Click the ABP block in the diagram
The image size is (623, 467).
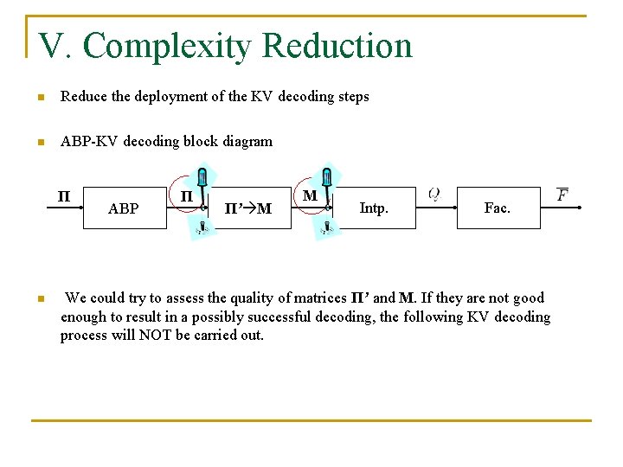pos(124,208)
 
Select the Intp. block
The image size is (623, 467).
pos(374,208)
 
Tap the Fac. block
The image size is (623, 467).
pos(498,208)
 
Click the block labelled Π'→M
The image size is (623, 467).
pos(248,208)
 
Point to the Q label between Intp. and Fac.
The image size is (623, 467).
pos(434,195)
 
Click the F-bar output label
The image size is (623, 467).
pos(562,195)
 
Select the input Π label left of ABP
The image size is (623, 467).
pos(63,195)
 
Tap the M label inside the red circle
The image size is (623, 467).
pos(310,196)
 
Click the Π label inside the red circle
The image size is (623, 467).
pos(186,196)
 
